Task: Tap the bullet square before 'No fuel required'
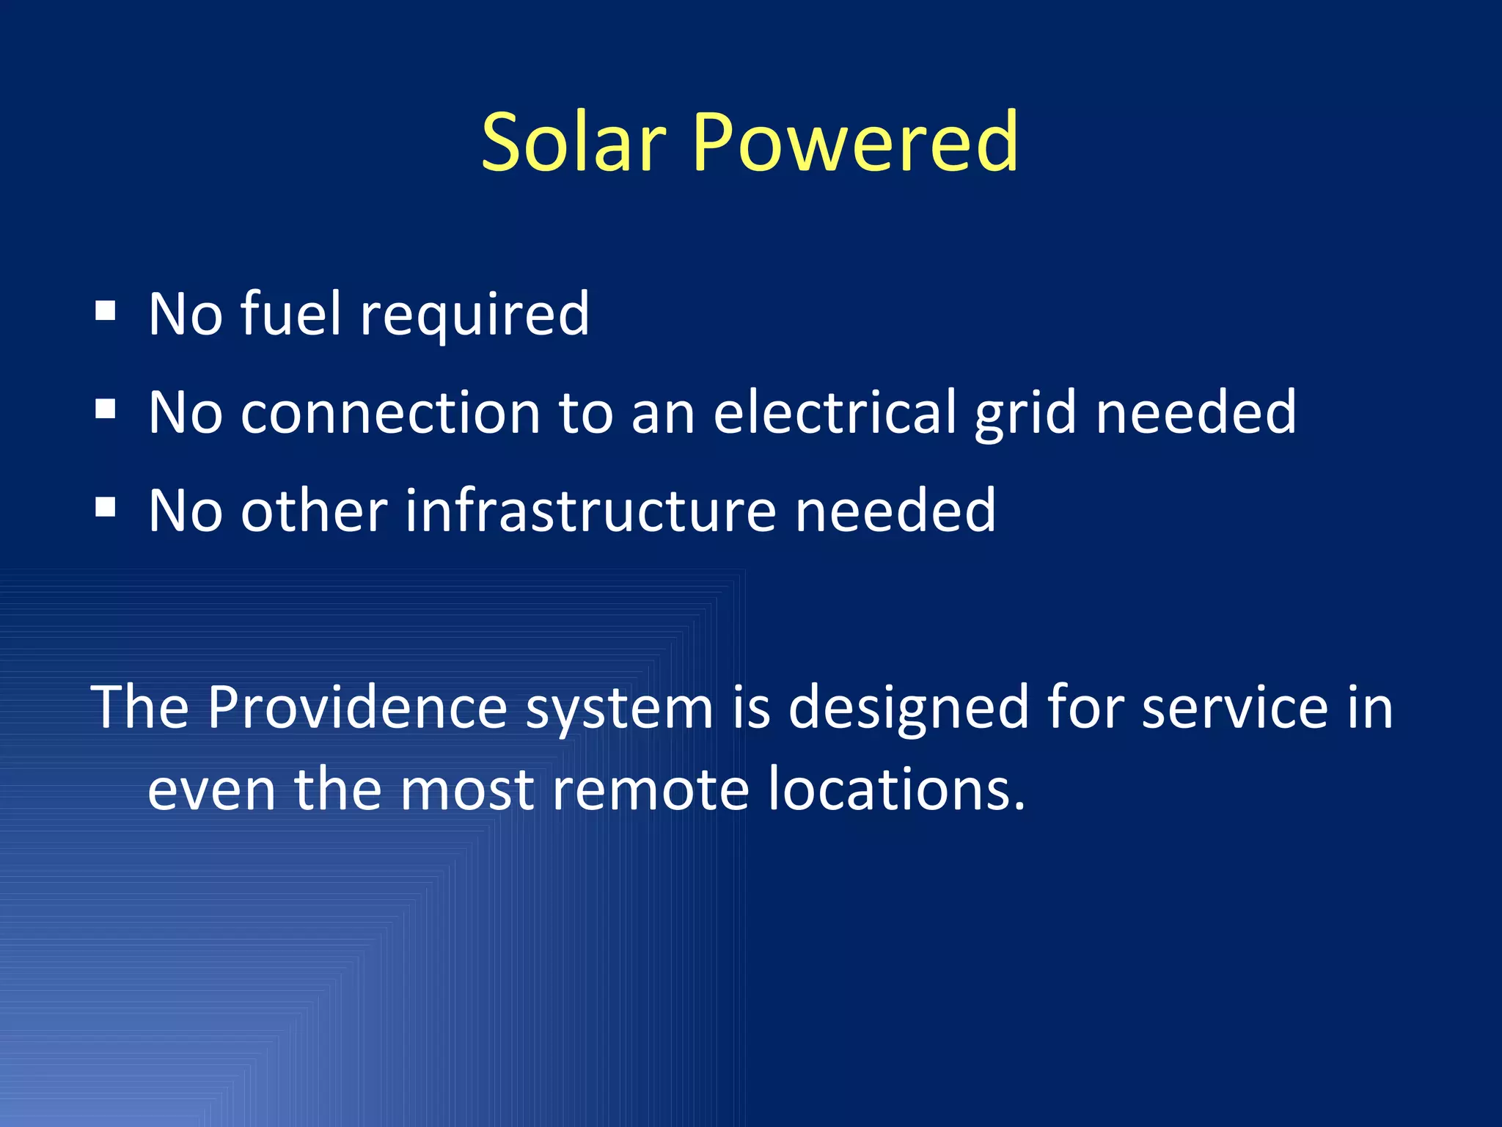pos(106,311)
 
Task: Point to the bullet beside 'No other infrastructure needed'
pos(106,508)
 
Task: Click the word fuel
pos(290,314)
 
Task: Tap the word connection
pos(390,413)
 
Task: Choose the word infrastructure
pos(590,511)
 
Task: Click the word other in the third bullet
pos(314,511)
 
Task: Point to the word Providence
pos(357,707)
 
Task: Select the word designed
pos(908,709)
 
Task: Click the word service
pos(1234,709)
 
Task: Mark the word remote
pos(650,791)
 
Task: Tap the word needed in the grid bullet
pos(1195,412)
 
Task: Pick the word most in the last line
pos(466,791)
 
